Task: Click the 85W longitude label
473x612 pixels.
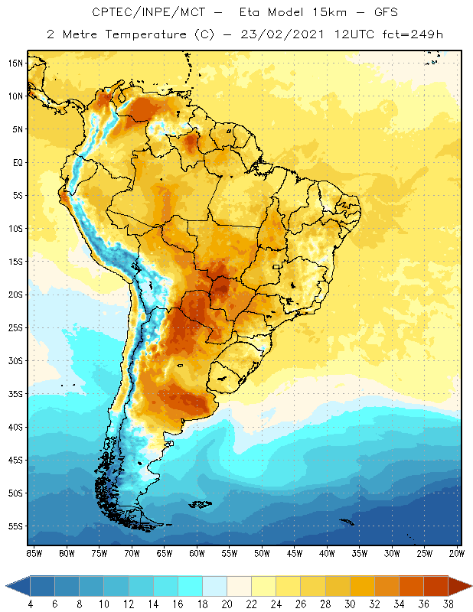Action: (34, 553)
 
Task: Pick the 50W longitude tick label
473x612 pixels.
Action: (262, 553)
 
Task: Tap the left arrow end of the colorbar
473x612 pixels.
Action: (15, 585)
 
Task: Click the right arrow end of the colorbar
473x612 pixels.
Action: (460, 585)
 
